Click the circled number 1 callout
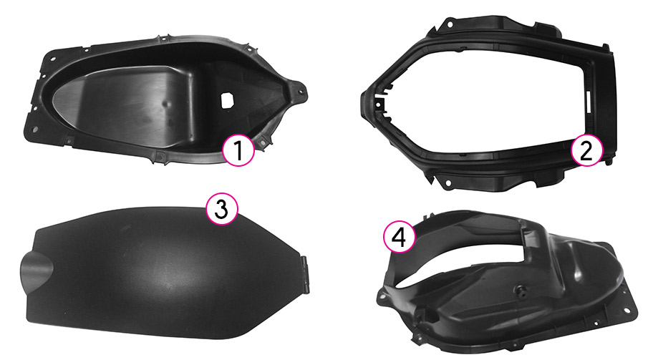(x=238, y=150)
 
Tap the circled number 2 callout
(x=586, y=151)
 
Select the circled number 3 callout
(x=222, y=209)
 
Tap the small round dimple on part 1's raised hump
(x=165, y=104)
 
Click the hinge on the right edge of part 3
(x=306, y=275)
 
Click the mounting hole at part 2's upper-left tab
(x=450, y=24)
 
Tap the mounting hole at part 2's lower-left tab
(x=448, y=183)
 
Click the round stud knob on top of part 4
(x=521, y=290)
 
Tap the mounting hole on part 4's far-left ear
(x=381, y=298)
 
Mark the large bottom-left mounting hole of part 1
(x=35, y=130)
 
